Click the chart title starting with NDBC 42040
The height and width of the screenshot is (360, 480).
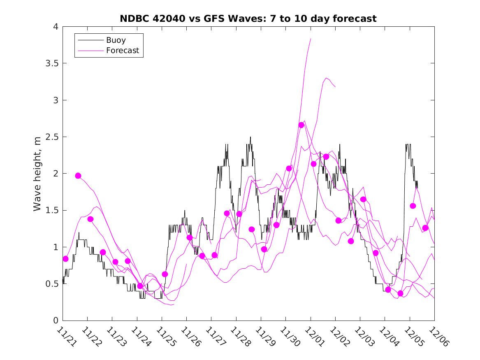click(248, 19)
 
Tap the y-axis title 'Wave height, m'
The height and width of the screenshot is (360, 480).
click(37, 174)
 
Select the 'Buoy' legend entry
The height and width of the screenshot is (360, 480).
click(116, 40)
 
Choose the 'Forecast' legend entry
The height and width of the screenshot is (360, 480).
click(123, 51)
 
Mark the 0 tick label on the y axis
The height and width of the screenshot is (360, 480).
click(56, 321)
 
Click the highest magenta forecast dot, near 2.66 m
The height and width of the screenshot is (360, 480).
click(301, 125)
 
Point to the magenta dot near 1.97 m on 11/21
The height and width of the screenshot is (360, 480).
click(78, 176)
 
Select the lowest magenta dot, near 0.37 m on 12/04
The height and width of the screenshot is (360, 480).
click(401, 293)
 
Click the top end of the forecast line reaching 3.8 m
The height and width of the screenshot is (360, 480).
click(311, 39)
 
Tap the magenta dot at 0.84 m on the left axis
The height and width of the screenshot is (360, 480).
click(66, 259)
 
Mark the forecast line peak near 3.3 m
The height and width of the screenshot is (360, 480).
click(326, 78)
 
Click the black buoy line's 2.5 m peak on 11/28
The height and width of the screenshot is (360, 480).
click(250, 137)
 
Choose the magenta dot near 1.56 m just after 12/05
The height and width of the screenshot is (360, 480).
click(413, 206)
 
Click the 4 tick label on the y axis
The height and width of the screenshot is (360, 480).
click(56, 27)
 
